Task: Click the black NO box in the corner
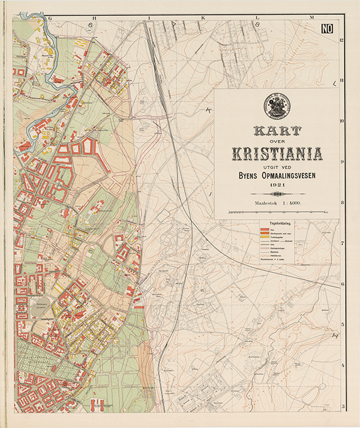click(327, 28)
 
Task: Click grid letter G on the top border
click(52, 19)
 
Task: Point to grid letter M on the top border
click(312, 19)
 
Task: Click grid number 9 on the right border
click(341, 161)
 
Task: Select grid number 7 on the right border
click(341, 243)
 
